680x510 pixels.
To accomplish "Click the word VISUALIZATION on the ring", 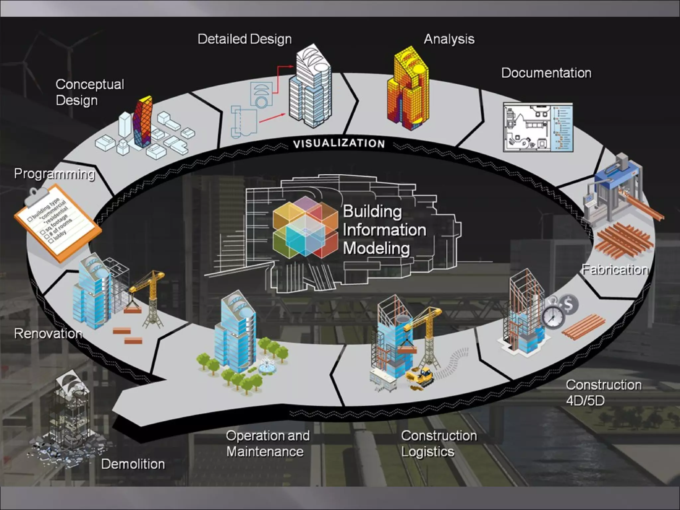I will click(x=339, y=143).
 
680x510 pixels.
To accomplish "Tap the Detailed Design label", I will click(x=244, y=39).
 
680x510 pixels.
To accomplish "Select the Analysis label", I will click(x=449, y=39).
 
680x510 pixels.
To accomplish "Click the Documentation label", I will click(x=546, y=73).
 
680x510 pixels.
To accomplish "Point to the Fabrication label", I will click(x=615, y=269).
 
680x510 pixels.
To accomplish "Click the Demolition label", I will click(x=133, y=464).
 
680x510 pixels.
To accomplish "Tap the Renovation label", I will click(x=48, y=333).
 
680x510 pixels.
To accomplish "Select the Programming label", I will click(x=54, y=174).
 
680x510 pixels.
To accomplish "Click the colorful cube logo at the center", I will click(x=305, y=227).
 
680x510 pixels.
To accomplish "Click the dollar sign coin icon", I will click(x=568, y=304).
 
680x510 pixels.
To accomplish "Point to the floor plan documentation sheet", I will click(x=538, y=127).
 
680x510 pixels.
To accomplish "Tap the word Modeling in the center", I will click(x=376, y=248).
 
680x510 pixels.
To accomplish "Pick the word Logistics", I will click(x=427, y=452).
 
